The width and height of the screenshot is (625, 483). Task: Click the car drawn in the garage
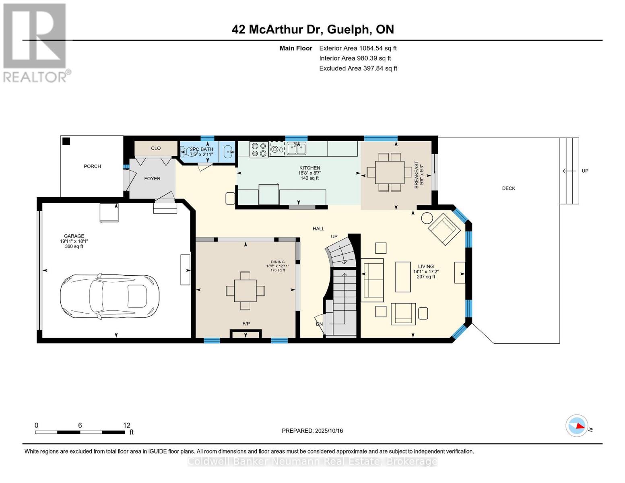tap(109, 296)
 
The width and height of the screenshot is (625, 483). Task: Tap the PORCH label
tap(92, 166)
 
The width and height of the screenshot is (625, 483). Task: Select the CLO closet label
tap(156, 149)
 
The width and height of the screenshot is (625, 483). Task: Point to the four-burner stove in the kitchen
tap(259, 150)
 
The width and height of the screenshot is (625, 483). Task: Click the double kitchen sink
tap(297, 149)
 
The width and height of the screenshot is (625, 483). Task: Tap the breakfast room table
tap(390, 172)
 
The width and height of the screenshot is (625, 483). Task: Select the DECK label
tap(509, 188)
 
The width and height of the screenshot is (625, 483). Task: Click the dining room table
tap(245, 291)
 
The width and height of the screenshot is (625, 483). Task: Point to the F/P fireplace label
tap(246, 324)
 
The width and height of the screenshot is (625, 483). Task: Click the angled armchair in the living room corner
tap(444, 229)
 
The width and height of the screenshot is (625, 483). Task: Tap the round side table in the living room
tap(427, 218)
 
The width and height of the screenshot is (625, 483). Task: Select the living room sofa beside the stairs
tap(372, 280)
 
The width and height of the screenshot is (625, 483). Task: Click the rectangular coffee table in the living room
tap(403, 277)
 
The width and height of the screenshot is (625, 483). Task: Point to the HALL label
tap(318, 229)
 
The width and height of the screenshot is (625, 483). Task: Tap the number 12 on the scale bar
tap(127, 425)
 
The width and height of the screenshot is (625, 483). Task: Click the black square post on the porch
tap(66, 141)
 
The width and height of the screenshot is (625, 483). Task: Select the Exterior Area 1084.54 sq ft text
tap(358, 48)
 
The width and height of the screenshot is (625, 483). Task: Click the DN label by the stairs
tap(319, 324)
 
